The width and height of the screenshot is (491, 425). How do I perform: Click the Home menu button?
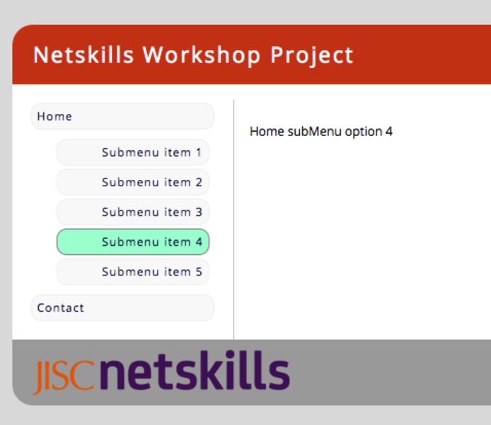point(122,116)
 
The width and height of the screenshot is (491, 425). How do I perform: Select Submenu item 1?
point(133,152)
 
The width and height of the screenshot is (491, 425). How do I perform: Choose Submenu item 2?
point(133,182)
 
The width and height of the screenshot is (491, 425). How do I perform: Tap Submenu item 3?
point(133,212)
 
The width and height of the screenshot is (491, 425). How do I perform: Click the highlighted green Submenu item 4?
point(133,242)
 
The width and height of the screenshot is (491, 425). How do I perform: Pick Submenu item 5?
point(133,272)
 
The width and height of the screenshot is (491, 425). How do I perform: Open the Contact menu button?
point(122,308)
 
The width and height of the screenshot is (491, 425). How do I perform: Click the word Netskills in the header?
point(83,55)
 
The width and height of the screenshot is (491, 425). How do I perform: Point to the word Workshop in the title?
point(202,55)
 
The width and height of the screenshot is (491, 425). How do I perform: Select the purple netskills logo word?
point(195,370)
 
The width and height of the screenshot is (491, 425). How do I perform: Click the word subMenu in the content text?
point(314,131)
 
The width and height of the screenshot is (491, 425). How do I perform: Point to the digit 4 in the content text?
point(389,132)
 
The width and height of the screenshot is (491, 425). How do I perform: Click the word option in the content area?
point(364,132)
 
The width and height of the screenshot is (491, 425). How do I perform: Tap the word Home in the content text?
point(267,131)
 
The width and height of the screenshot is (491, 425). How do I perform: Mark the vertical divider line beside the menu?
point(233,220)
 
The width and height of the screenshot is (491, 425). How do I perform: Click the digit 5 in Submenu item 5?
point(199,272)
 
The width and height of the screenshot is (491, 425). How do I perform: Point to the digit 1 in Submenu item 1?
point(199,152)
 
